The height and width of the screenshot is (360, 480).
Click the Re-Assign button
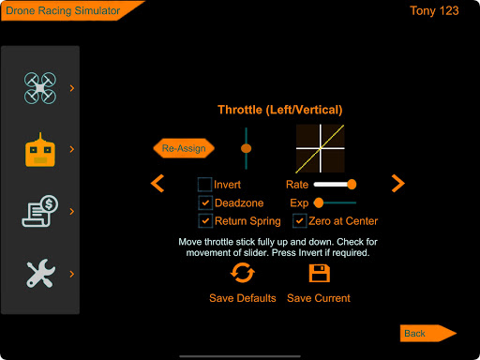coord(184,148)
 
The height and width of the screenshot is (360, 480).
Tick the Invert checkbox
coord(205,185)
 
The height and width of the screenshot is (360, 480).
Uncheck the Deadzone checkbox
coord(205,202)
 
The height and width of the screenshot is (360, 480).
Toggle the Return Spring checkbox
coord(205,221)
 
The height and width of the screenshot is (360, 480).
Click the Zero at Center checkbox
coord(299,221)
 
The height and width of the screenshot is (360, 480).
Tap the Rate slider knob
coord(352,185)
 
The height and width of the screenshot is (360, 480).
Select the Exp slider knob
coord(319,202)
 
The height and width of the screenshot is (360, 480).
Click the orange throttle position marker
coord(247,148)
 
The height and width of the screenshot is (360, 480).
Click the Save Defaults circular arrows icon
coord(243,273)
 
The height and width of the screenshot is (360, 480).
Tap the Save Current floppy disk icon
coord(320,274)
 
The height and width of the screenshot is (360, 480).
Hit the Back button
coord(428,333)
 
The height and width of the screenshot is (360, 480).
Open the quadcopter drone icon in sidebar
coord(40,88)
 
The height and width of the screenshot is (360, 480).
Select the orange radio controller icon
coord(40,150)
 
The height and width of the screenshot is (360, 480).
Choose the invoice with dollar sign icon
coord(40,211)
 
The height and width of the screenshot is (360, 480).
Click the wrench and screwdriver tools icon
coord(40,273)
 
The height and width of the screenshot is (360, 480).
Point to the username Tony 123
coord(434,11)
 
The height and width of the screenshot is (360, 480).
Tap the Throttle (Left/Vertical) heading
coord(280,110)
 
